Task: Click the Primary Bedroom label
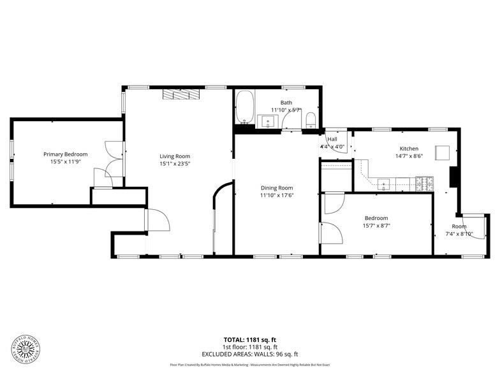(65, 154)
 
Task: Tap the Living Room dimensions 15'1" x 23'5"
(175, 163)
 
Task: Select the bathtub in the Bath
(245, 107)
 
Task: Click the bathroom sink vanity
(268, 121)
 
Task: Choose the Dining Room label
(276, 187)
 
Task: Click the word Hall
(332, 140)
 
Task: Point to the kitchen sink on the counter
(386, 185)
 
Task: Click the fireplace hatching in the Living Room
(181, 94)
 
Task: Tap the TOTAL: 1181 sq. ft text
(249, 339)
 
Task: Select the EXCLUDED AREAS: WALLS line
(249, 354)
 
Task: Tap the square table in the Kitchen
(443, 152)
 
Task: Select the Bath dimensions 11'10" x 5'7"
(285, 110)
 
